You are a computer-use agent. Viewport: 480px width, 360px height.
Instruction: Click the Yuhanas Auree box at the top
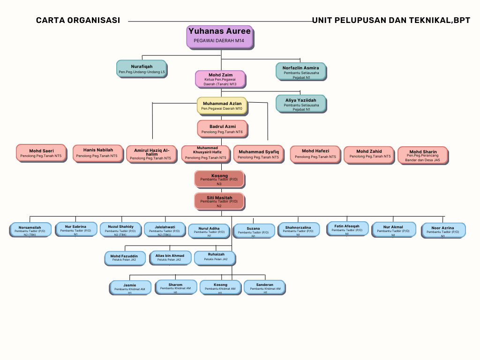pos(219,36)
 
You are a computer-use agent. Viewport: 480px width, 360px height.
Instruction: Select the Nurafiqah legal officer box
pos(141,68)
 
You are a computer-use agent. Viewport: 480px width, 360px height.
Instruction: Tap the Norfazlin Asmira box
pos(300,70)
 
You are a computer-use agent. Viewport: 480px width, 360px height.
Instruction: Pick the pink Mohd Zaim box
pos(220,78)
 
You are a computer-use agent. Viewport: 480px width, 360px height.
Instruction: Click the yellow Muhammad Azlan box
pos(222,105)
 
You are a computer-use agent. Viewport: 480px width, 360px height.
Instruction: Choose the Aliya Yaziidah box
pos(300,103)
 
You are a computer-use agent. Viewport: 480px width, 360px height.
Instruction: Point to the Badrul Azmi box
pos(222,128)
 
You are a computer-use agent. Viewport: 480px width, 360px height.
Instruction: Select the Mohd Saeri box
pos(41,152)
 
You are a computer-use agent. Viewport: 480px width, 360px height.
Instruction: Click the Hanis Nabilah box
pos(97,152)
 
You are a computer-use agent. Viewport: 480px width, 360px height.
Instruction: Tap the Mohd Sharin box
pos(422,155)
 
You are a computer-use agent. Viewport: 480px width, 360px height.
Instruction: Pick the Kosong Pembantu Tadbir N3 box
pos(219,179)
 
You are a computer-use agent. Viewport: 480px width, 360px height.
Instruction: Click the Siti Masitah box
pos(219,201)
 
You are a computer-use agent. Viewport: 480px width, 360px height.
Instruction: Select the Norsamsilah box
pos(30,229)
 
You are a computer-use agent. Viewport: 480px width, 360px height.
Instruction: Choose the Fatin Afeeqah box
pos(347,228)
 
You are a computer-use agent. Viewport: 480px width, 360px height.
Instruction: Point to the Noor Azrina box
pos(442,230)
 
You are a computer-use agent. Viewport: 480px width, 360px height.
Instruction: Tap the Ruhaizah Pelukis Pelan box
pos(215,257)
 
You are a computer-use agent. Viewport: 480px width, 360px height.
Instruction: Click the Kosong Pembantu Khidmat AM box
pos(220,287)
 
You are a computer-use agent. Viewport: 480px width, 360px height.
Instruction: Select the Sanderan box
pos(264,287)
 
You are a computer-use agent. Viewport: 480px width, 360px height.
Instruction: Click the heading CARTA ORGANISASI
pos(78,20)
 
